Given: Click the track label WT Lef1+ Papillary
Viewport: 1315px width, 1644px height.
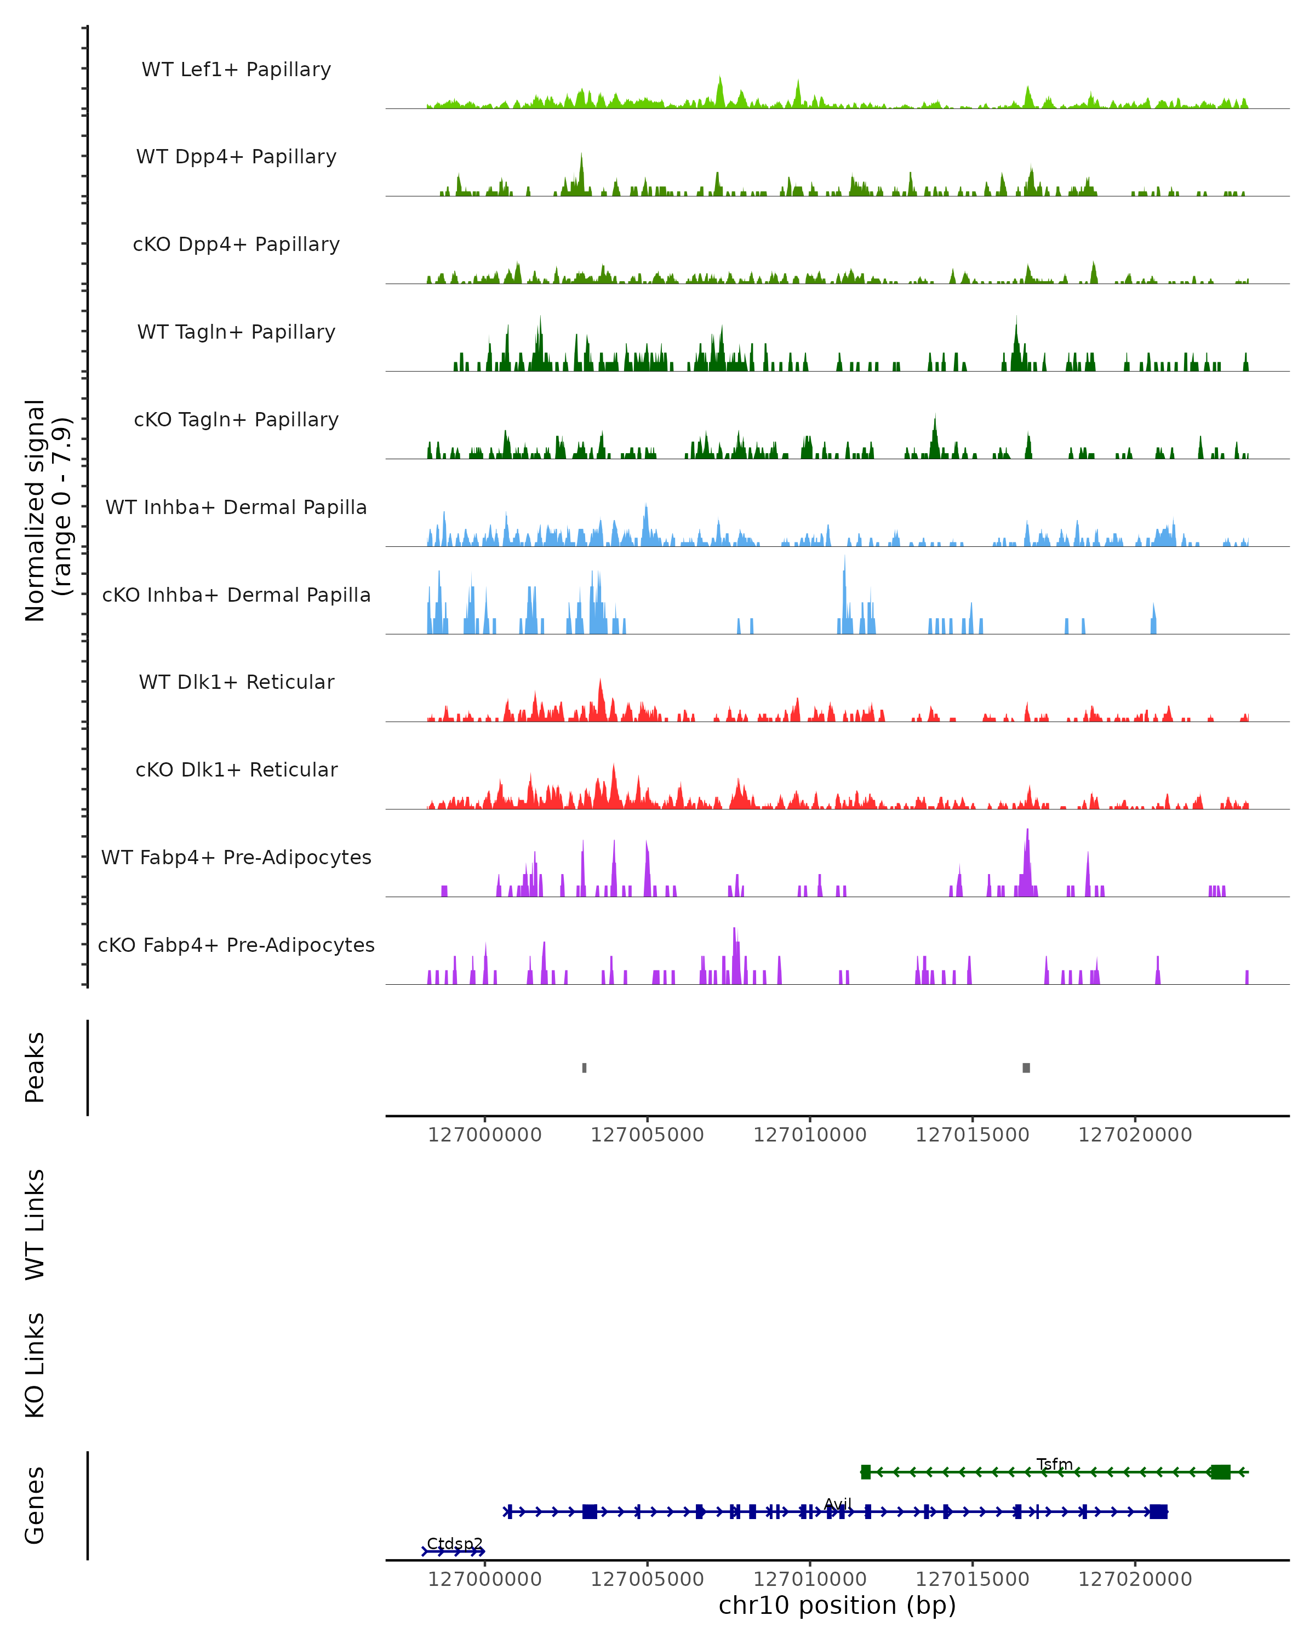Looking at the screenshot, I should pos(236,70).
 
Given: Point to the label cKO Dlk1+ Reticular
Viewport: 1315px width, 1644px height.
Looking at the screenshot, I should pos(236,769).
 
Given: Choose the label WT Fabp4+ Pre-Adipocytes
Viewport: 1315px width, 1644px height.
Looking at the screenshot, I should pos(236,857).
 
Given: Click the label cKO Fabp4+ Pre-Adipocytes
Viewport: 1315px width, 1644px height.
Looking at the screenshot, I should pos(236,945).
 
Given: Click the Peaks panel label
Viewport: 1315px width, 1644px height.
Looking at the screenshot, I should pos(35,1067).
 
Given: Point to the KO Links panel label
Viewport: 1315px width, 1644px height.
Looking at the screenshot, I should pos(35,1365).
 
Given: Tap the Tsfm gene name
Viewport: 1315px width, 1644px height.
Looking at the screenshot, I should pos(1054,1464).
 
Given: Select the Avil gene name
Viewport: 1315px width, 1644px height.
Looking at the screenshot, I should pos(838,1504).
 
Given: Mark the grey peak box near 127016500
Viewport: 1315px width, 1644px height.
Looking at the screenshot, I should pos(1026,1068).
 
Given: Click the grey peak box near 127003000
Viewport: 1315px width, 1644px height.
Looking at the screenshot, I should pos(584,1068).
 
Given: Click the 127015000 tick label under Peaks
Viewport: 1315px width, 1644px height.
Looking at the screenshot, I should pos(972,1135).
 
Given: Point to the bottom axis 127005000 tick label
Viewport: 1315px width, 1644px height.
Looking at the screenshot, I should pos(647,1578).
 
